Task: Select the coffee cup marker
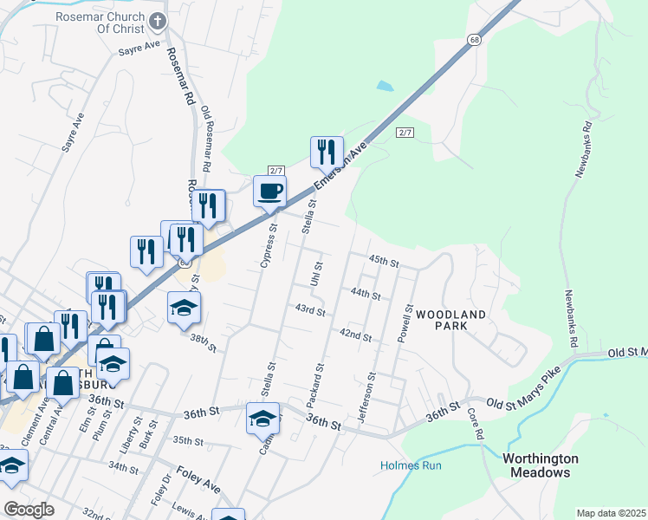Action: click(269, 192)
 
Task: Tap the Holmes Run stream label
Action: click(411, 465)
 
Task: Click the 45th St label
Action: click(383, 261)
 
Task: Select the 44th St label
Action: click(366, 294)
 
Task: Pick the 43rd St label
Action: click(309, 309)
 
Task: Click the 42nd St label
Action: click(355, 335)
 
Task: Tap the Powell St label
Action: click(405, 322)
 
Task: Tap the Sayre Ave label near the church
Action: click(140, 46)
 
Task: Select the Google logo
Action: click(29, 510)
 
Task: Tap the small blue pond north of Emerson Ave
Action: click(384, 87)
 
